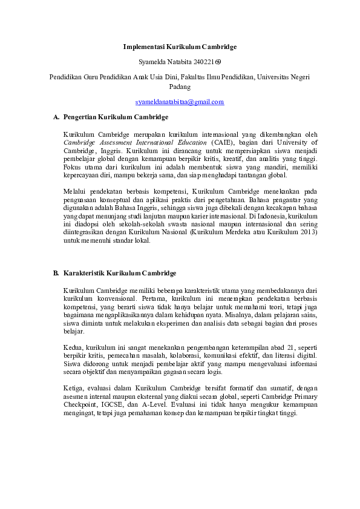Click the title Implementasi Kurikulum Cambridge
click(x=180, y=47)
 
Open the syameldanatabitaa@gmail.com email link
click(x=180, y=102)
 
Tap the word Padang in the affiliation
click(x=180, y=87)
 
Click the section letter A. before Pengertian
click(x=57, y=117)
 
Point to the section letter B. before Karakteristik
click(x=57, y=274)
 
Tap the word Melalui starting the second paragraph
click(x=75, y=191)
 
